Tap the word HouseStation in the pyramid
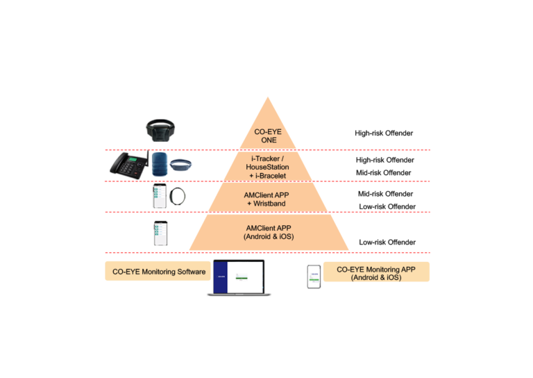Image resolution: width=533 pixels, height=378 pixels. click(268, 167)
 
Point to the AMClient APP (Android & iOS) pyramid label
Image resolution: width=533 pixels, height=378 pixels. click(269, 232)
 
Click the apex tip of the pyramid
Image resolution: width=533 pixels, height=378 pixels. click(268, 98)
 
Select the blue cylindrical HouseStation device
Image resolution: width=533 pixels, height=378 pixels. click(159, 164)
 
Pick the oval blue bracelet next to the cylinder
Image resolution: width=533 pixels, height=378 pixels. click(180, 165)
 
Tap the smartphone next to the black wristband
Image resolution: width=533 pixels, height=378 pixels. click(159, 196)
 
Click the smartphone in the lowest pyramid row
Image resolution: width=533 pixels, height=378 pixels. click(160, 233)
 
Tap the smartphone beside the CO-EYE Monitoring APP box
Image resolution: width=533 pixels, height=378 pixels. click(314, 276)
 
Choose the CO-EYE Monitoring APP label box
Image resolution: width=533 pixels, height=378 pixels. click(376, 272)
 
